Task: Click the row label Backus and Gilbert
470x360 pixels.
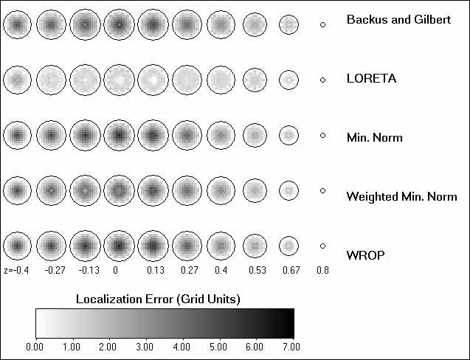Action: (x=398, y=20)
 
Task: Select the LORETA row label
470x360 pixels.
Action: (x=371, y=77)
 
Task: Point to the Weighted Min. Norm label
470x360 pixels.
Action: (x=401, y=197)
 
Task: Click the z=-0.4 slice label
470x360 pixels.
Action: (x=15, y=270)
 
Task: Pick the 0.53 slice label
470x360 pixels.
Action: (x=255, y=270)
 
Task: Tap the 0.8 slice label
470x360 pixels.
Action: (x=322, y=270)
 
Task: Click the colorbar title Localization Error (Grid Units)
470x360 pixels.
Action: (x=159, y=298)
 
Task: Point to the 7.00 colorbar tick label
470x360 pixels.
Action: (x=292, y=345)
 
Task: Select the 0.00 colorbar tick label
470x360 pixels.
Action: (x=35, y=345)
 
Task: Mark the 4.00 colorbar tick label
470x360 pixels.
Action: (x=182, y=345)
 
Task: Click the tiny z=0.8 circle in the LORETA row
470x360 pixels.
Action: (x=322, y=80)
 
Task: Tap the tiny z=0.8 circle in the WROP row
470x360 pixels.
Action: (x=322, y=246)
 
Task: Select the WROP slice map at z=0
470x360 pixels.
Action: (x=118, y=246)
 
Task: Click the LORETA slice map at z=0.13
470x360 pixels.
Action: (x=152, y=78)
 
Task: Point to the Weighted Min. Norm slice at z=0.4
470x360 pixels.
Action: (x=220, y=190)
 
